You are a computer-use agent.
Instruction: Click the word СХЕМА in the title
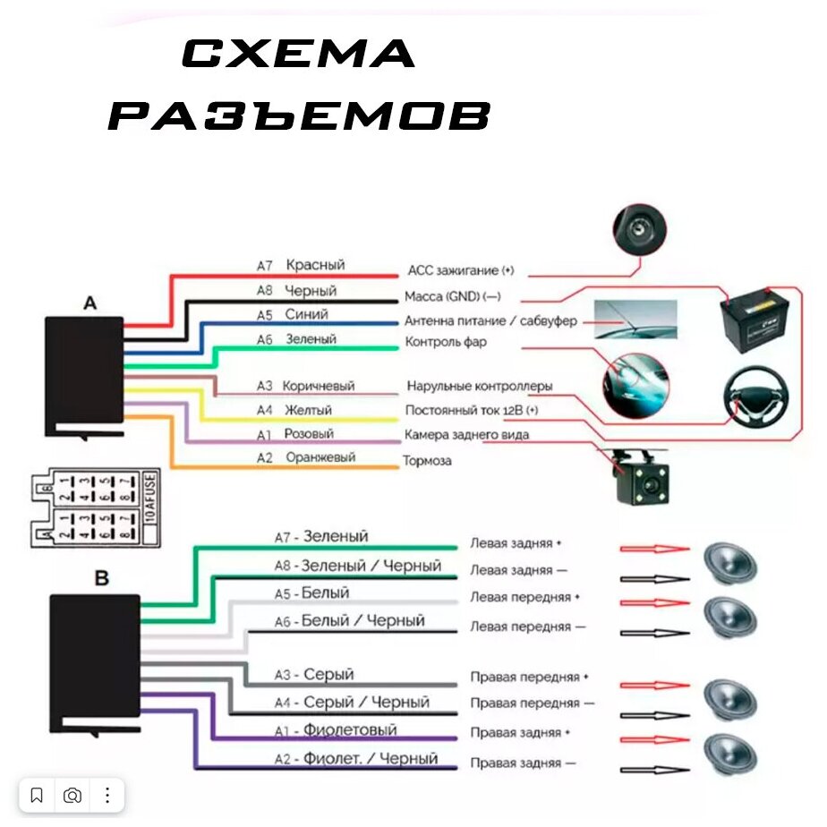pyautogui.click(x=299, y=55)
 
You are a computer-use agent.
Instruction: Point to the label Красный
pyautogui.click(x=315, y=265)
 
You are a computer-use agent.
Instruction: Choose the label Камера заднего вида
pyautogui.click(x=466, y=435)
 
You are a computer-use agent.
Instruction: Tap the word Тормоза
pyautogui.click(x=428, y=461)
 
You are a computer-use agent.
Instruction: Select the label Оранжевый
pyautogui.click(x=320, y=457)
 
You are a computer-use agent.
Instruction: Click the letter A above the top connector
pyautogui.click(x=90, y=304)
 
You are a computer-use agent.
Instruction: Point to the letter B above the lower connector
pyautogui.click(x=101, y=578)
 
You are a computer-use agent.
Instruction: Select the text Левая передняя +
pyautogui.click(x=525, y=597)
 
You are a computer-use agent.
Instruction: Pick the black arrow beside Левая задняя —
pyautogui.click(x=655, y=579)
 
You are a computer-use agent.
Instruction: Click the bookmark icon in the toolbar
pyautogui.click(x=37, y=795)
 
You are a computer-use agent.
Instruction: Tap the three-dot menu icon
pyautogui.click(x=107, y=795)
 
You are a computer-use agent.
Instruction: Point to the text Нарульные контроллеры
pyautogui.click(x=480, y=387)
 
